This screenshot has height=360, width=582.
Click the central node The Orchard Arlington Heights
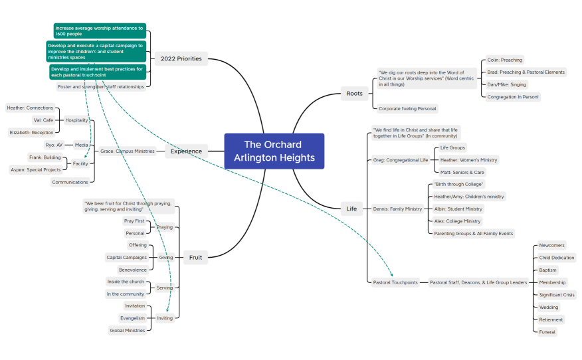pyautogui.click(x=274, y=151)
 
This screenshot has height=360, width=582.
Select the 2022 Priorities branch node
pyautogui.click(x=181, y=58)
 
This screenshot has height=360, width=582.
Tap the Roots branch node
pyautogui.click(x=355, y=94)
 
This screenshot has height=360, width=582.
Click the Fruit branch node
pyautogui.click(x=195, y=258)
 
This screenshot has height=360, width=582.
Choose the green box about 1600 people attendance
pyautogui.click(x=99, y=31)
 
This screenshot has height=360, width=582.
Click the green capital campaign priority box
pyautogui.click(x=96, y=51)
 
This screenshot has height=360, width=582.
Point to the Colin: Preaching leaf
pyautogui.click(x=504, y=60)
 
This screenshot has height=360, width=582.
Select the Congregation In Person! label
pyautogui.click(x=513, y=96)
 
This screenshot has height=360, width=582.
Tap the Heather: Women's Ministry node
pyautogui.click(x=468, y=160)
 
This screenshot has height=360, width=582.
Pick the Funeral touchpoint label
pyautogui.click(x=547, y=331)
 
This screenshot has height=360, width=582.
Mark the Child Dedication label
pyautogui.click(x=556, y=258)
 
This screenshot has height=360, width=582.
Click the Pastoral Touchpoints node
pyautogui.click(x=396, y=282)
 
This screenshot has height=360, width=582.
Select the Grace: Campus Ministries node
pyautogui.click(x=126, y=151)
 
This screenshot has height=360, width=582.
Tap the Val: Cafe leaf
pyautogui.click(x=43, y=120)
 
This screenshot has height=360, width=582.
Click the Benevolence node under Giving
pyautogui.click(x=132, y=270)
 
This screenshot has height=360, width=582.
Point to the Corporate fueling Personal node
pyautogui.click(x=407, y=108)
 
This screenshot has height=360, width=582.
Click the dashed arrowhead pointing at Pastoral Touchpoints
pyautogui.click(x=392, y=275)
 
